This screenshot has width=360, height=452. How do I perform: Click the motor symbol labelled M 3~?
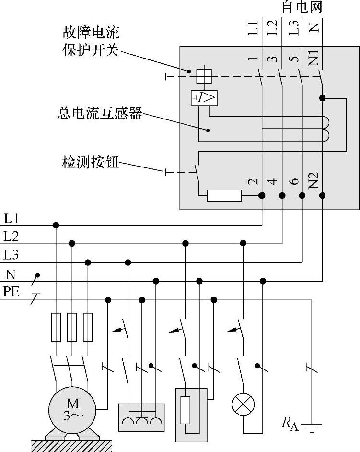click(x=72, y=410)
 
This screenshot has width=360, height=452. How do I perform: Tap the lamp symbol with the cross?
click(x=243, y=404)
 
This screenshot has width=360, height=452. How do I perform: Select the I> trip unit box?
click(x=204, y=98)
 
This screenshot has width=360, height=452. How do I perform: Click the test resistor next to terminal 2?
click(x=224, y=195)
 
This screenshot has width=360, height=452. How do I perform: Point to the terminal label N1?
click(x=314, y=58)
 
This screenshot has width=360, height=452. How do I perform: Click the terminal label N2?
click(x=314, y=180)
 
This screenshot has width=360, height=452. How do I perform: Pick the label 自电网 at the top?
click(x=302, y=7)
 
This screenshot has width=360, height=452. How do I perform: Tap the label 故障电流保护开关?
click(x=91, y=41)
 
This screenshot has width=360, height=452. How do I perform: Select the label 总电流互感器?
click(x=100, y=113)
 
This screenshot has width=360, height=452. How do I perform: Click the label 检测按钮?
click(x=91, y=162)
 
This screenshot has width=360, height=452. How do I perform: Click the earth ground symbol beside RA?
click(x=311, y=428)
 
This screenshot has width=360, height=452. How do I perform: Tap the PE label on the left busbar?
click(x=11, y=292)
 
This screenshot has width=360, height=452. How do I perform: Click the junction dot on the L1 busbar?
click(x=56, y=225)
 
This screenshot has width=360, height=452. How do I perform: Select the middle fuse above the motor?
click(x=72, y=327)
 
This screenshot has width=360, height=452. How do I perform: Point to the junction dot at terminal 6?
click(x=302, y=196)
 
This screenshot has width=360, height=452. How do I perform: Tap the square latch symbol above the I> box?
click(x=204, y=76)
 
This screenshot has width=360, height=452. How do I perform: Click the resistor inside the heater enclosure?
click(x=186, y=410)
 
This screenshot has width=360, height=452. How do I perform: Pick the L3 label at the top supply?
click(x=294, y=27)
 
